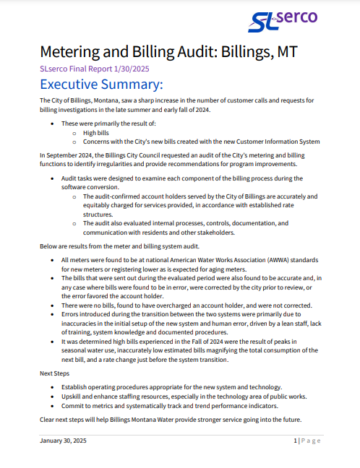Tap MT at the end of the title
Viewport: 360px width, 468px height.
[x=283, y=53]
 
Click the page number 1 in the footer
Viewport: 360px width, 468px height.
[x=295, y=441]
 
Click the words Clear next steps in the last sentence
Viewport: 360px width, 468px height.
[x=66, y=420]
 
